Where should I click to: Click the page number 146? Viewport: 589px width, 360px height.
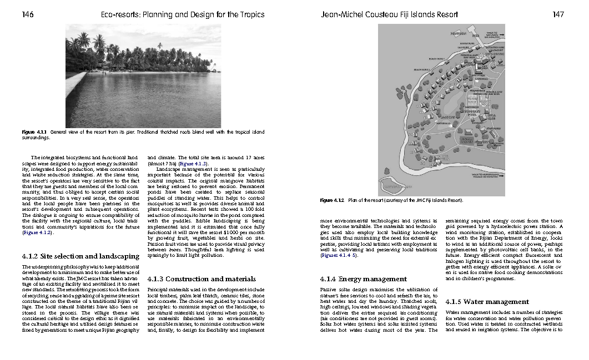click(28, 14)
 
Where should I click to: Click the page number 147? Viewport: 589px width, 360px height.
click(558, 14)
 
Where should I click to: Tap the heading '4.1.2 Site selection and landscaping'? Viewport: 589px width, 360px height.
click(80, 257)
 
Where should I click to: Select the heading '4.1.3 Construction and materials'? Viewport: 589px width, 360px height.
click(202, 278)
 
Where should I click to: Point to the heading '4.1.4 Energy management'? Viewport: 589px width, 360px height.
click(364, 278)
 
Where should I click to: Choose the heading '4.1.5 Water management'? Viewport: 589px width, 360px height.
click(487, 302)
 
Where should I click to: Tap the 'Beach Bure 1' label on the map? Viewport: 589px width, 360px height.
click(436, 58)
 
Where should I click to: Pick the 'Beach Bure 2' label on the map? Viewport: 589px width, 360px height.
click(422, 70)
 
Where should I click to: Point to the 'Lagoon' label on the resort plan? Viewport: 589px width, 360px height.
click(447, 118)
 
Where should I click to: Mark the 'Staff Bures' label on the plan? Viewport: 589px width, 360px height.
click(493, 129)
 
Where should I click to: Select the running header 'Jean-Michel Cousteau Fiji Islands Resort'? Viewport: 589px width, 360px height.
click(390, 14)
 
